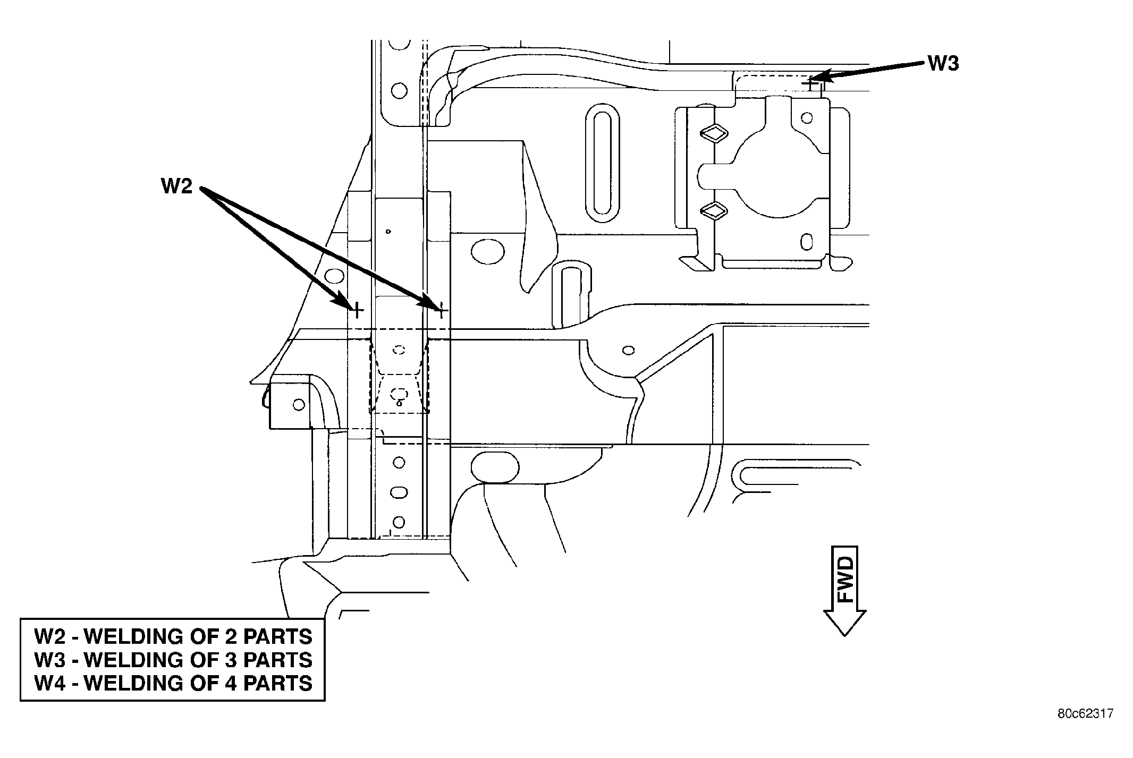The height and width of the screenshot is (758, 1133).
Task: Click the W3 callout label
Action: coord(943,63)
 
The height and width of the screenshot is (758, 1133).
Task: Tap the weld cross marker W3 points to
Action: coord(810,83)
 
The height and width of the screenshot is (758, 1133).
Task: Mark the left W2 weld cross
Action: coord(357,309)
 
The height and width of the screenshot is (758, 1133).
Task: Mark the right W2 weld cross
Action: coord(441,309)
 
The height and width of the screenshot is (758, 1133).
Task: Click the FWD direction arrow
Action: coord(844,590)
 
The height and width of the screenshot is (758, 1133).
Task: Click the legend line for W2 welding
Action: coord(173,636)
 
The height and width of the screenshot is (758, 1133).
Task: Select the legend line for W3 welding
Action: coord(173,659)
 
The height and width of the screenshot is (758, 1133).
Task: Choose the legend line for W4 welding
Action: coord(173,683)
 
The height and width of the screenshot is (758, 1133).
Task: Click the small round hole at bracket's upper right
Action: coord(807,117)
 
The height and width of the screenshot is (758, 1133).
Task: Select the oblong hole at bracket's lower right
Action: coord(806,243)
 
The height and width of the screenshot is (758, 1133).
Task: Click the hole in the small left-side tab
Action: coord(299,405)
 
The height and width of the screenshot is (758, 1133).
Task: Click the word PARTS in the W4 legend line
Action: coord(278,683)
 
